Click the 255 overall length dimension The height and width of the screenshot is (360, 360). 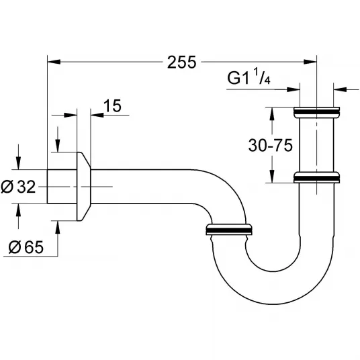click(181, 62)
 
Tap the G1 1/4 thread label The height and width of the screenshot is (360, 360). click(249, 78)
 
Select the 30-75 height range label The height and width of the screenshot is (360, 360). click(271, 145)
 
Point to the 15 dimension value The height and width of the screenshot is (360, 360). click(112, 106)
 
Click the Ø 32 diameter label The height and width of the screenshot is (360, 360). click(18, 187)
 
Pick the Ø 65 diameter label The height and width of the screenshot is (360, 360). click(26, 247)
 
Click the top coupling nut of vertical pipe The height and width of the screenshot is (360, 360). click(316, 112)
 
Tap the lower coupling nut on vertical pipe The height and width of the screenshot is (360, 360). click(316, 177)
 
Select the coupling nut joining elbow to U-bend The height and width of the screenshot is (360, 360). click(229, 229)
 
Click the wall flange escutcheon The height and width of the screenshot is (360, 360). click(83, 186)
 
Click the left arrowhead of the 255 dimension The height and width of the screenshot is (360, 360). click(54, 62)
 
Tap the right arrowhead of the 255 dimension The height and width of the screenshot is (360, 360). click(310, 62)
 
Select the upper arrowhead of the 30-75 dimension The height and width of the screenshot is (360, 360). click(272, 114)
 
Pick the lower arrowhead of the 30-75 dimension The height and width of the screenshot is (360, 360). click(272, 176)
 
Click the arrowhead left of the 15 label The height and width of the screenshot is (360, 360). click(97, 115)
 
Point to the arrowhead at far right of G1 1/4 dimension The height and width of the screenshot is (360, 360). click(340, 89)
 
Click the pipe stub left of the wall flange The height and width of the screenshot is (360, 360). click(62, 187)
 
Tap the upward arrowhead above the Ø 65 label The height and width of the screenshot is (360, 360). click(58, 228)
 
